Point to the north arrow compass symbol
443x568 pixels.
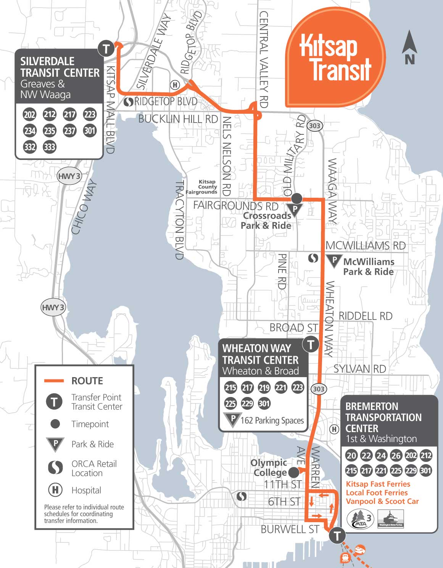point(409,47)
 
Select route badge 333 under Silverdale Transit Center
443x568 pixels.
point(50,147)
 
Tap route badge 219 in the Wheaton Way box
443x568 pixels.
point(264,388)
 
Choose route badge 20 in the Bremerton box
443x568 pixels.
point(351,455)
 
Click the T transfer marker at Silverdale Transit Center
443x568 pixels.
point(106,49)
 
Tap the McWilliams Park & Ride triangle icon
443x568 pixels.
point(334,261)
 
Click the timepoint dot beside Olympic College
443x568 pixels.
point(293,472)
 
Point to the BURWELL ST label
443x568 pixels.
point(290,529)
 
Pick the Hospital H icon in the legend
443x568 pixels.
point(55,490)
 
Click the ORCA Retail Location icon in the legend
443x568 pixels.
point(55,468)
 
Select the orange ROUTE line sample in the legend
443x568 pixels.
point(54,381)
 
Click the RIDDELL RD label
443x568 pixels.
point(365,316)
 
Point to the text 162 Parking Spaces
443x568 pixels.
point(272,420)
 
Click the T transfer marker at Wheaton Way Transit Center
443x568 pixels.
point(311,344)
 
